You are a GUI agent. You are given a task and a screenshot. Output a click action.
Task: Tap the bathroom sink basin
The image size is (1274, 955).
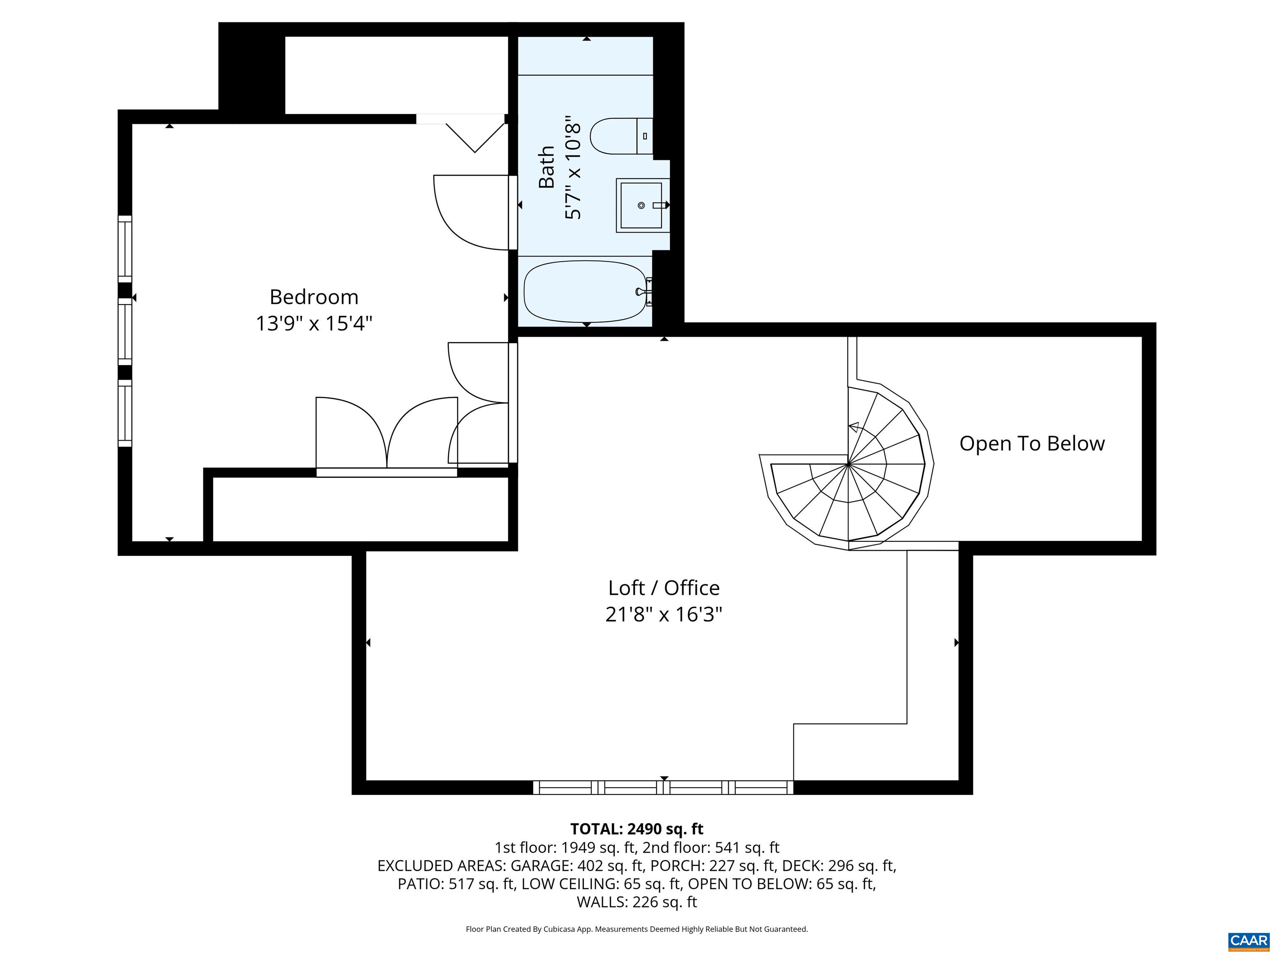tap(640, 206)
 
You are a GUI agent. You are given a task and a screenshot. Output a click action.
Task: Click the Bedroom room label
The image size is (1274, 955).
tap(314, 297)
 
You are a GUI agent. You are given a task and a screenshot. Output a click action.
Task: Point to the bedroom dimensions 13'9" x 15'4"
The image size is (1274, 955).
tap(314, 323)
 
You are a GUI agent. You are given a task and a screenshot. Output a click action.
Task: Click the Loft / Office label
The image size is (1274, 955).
tap(664, 588)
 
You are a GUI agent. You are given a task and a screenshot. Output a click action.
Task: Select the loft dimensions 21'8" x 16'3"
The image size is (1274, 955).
tap(664, 615)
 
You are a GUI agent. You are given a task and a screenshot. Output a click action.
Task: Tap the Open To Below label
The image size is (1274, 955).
tap(1031, 443)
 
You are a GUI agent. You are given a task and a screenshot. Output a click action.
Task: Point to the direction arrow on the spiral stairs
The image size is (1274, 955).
tap(853, 427)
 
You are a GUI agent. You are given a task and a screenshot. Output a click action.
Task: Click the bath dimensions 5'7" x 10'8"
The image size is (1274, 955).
tap(573, 167)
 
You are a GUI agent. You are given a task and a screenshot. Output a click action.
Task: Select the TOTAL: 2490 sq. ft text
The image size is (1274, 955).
tap(637, 829)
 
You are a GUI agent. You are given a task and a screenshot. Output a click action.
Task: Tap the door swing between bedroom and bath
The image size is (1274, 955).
tap(469, 213)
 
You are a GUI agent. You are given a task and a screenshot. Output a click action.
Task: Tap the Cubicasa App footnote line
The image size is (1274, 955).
tap(637, 929)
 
